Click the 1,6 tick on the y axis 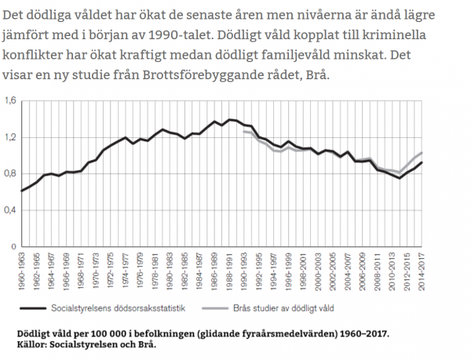(x=9, y=101)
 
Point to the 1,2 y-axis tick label (x=9, y=137)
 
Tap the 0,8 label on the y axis (x=9, y=173)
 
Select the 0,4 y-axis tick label (x=9, y=210)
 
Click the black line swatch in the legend (x=36, y=309)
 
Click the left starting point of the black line (x=22, y=191)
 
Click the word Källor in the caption (x=33, y=344)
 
